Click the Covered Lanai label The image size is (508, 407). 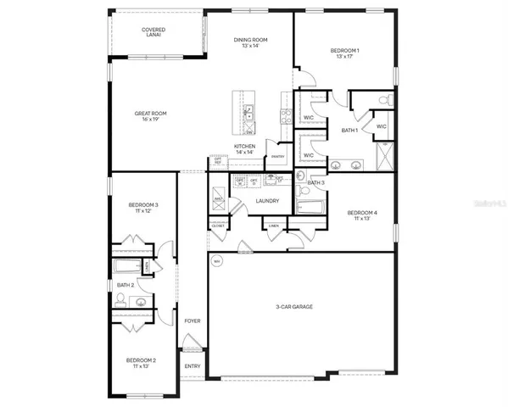pos(154,33)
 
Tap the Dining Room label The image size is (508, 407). pos(252,42)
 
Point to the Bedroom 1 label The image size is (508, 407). pos(345,54)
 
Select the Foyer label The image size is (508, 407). pos(193,321)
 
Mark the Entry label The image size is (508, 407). pos(193,366)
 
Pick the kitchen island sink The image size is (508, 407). pos(249,112)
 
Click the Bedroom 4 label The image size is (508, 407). pos(360,215)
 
